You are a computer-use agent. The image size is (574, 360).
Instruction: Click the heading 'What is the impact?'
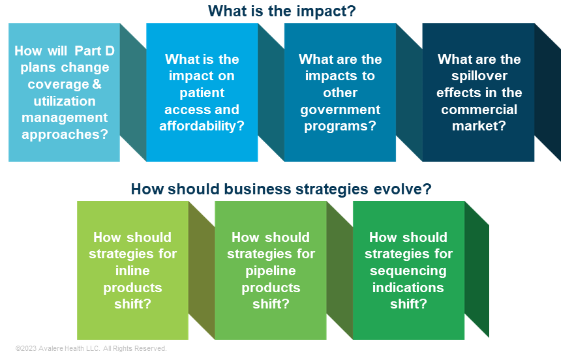[282, 11]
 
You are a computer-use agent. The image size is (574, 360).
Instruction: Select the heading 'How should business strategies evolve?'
[281, 189]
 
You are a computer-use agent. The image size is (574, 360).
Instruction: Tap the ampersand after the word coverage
[97, 84]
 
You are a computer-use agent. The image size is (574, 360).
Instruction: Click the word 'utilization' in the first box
[65, 101]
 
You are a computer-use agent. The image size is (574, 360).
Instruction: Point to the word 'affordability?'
[202, 127]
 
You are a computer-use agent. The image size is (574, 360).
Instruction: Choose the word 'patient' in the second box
[202, 93]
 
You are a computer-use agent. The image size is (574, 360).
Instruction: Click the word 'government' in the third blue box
[340, 110]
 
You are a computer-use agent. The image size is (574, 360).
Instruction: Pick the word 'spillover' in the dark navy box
[479, 76]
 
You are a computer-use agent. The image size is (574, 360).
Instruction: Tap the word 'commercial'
[479, 110]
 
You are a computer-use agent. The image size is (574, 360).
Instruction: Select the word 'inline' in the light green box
[132, 271]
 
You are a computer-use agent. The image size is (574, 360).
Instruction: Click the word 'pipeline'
[271, 271]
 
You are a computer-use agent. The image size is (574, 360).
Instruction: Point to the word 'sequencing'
[408, 271]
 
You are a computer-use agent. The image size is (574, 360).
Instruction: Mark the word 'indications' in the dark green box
[408, 288]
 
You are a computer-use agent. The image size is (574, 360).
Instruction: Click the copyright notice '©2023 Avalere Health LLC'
[57, 348]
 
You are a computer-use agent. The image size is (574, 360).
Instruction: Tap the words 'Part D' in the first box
[95, 51]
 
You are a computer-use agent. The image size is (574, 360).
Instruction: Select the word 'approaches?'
[65, 134]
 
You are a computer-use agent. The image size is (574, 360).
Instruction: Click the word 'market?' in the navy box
[479, 127]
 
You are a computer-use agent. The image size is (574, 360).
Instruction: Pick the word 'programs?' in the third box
[340, 127]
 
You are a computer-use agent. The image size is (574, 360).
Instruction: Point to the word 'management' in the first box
[65, 118]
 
